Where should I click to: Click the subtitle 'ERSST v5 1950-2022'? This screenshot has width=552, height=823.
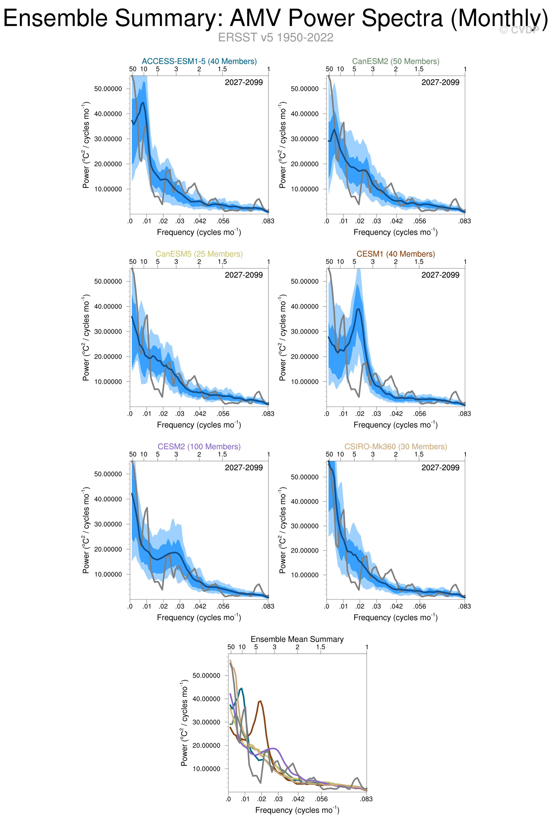coord(275,37)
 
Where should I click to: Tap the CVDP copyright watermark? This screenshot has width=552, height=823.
coord(519,30)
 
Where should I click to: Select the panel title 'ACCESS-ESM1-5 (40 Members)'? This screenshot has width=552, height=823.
coord(199,61)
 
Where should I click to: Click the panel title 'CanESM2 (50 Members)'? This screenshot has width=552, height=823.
coord(396,61)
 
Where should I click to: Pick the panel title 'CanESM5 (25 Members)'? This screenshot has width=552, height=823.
coord(199,254)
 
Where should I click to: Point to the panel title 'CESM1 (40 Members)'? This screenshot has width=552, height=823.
coord(396,254)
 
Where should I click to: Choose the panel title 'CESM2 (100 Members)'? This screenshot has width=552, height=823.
coord(199,446)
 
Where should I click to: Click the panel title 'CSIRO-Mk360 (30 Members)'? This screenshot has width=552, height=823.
coord(396,446)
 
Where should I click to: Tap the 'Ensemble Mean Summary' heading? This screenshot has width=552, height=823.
coord(297,639)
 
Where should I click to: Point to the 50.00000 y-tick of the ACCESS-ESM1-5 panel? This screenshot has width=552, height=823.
coord(108,89)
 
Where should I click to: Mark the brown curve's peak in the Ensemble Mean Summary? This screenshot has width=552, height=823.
coord(260,701)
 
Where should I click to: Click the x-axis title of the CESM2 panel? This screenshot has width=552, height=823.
coord(199,618)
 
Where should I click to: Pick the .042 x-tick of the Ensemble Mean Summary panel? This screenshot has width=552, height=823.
coord(298,799)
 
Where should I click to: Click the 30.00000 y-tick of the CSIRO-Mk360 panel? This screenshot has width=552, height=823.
coord(305,526)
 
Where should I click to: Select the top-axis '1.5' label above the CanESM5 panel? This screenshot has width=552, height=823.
coord(222,262)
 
